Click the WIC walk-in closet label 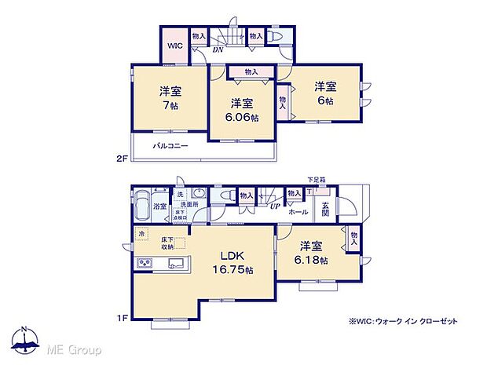[174, 46]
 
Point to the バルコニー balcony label [168, 146]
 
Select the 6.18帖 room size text [312, 259]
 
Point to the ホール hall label [298, 212]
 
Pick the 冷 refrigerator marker [142, 233]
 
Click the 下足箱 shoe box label [314, 180]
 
